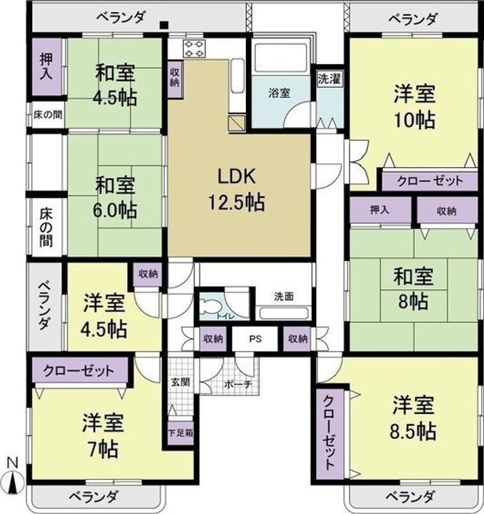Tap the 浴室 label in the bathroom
[278, 93]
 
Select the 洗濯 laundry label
[330, 79]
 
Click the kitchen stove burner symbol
[194, 48]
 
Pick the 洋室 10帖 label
[415, 107]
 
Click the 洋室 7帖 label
[99, 435]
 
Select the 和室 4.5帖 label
[115, 86]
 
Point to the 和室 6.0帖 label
[115, 198]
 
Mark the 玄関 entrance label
[180, 383]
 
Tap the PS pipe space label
[255, 339]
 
